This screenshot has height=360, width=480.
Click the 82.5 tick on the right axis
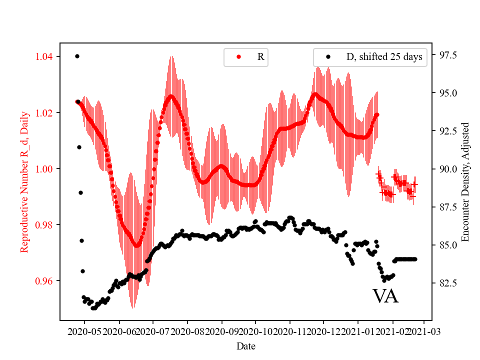tap(448, 283)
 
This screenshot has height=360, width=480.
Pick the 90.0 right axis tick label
tap(448, 169)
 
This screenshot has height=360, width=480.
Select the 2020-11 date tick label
tap(289, 330)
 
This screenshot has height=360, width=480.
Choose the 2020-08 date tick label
tap(187, 330)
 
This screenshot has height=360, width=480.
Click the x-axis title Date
tap(245, 345)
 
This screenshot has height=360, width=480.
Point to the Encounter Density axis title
tap(465, 181)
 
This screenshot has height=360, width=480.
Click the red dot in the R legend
tap(238, 57)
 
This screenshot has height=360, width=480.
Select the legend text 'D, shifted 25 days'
tap(384, 57)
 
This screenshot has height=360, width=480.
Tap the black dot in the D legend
tap(328, 57)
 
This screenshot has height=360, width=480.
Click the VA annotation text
tap(385, 296)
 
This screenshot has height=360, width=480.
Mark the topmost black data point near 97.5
tap(77, 56)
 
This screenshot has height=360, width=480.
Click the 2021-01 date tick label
tap(357, 330)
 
